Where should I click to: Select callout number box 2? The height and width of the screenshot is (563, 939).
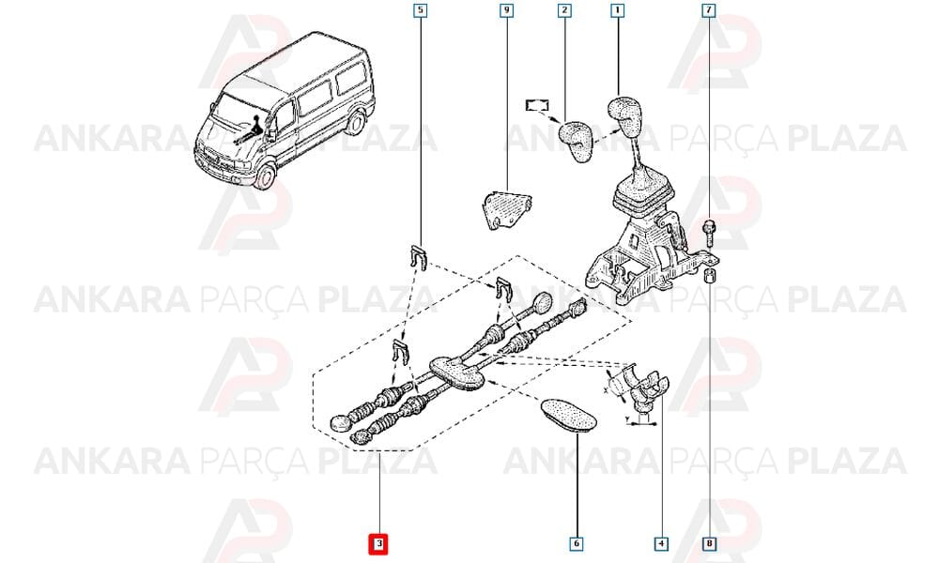pos(564,10)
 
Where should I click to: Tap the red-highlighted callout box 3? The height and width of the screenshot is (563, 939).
pos(378,544)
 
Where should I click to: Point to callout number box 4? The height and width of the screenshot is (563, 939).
pos(661,544)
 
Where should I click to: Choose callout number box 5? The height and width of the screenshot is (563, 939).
pos(421,10)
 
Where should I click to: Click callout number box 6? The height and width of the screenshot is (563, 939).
pos(577,544)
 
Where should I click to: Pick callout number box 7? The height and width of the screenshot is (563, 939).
pos(709,10)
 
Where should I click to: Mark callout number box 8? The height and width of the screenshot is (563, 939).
pos(709,544)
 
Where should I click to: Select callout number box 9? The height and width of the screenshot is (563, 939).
pos(507,10)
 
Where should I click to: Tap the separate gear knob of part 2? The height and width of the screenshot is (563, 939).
pos(577,141)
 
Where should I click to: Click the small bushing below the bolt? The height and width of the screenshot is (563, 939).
pos(709,277)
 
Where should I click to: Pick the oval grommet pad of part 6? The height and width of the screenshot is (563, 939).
pos(568,415)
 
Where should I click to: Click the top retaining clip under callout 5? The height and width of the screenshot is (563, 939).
pos(419,257)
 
